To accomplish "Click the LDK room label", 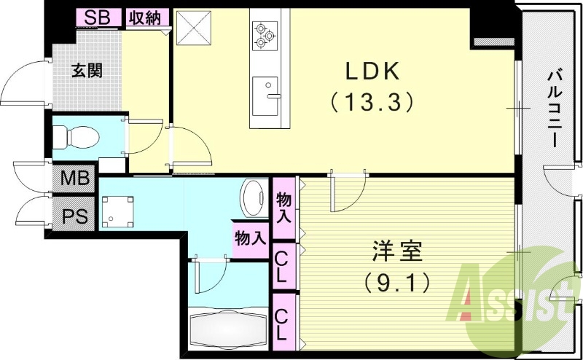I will tap(372, 71).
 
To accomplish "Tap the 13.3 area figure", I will tap(372, 100).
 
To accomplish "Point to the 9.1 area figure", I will tap(396, 279).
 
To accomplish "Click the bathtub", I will tap(228, 329).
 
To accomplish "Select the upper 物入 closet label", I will tap(284, 207).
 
